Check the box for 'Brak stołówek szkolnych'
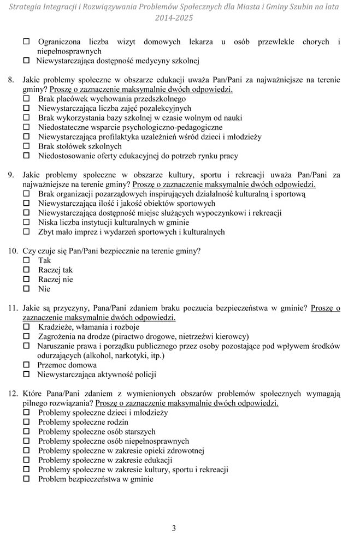point(26,146)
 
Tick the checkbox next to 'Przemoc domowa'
point(26,365)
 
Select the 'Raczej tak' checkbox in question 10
point(26,270)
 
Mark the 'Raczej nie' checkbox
point(26,280)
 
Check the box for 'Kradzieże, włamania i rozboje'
point(26,327)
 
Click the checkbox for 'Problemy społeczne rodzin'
point(26,422)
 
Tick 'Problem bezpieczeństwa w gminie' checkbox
point(26,479)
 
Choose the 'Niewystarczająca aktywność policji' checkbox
point(26,374)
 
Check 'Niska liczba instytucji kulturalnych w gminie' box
point(26,222)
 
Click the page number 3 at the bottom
point(174,527)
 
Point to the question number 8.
point(10,80)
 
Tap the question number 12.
point(13,394)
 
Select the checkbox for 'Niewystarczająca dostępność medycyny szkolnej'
point(26,61)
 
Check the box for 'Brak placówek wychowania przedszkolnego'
point(26,99)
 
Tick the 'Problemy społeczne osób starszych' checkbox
point(26,432)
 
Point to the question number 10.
point(13,251)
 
